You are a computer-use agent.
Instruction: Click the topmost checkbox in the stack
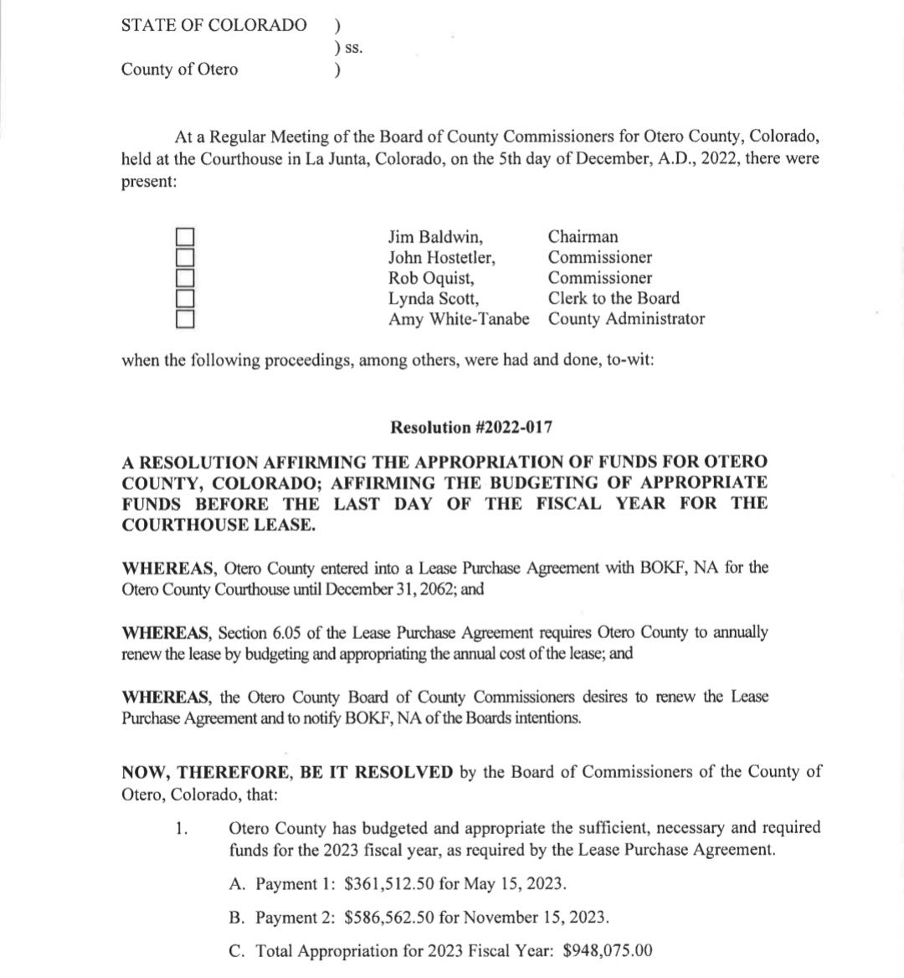(185, 237)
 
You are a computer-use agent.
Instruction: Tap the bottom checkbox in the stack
(185, 318)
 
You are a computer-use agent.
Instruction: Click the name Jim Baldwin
(435, 237)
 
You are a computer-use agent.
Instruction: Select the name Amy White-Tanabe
(459, 319)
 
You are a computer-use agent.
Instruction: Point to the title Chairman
(583, 237)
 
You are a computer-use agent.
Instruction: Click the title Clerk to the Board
(614, 298)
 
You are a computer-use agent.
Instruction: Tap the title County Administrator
(626, 319)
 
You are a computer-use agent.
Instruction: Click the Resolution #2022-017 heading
(471, 428)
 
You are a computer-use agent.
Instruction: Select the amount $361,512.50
(389, 884)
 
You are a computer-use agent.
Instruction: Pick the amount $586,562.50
(389, 918)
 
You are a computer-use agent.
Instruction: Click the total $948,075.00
(608, 951)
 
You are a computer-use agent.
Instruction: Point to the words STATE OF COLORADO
(213, 25)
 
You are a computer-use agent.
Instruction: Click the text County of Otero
(179, 69)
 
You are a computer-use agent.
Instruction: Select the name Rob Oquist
(430, 278)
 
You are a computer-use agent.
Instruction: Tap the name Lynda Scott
(434, 298)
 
